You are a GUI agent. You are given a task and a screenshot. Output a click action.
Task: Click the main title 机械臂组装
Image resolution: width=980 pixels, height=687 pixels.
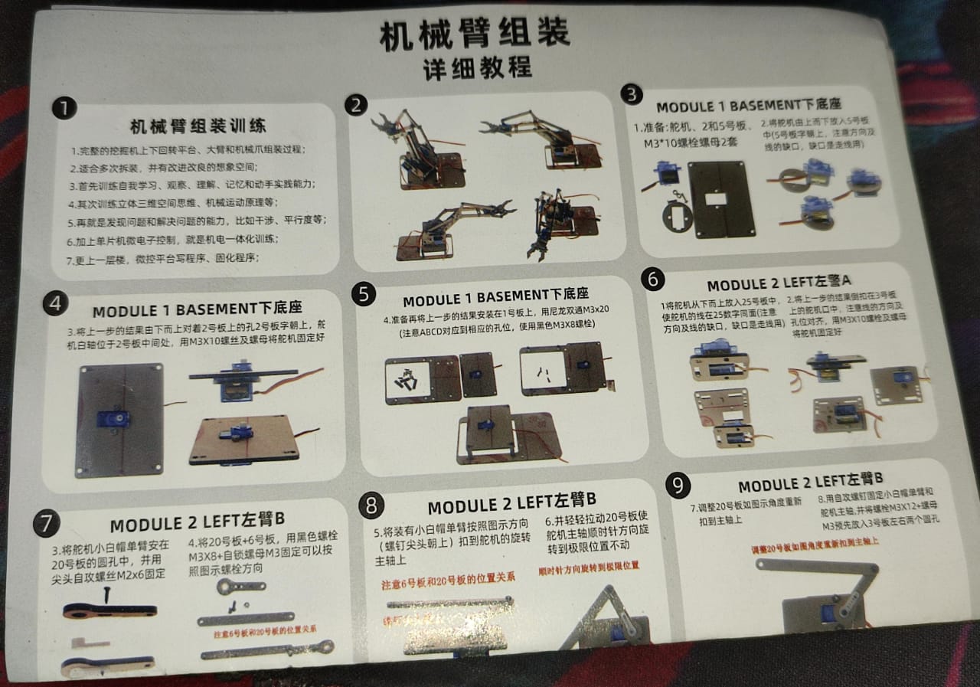coord(475,36)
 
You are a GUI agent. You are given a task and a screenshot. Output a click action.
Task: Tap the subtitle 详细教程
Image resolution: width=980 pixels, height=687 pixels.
coord(478,67)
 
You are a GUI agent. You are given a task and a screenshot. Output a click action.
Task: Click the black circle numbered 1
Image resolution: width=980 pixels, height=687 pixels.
coord(64,109)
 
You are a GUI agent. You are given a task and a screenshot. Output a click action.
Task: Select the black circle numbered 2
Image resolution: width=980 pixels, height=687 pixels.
coord(355,105)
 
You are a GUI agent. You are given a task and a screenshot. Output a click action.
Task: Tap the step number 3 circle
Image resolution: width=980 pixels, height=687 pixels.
coord(631,94)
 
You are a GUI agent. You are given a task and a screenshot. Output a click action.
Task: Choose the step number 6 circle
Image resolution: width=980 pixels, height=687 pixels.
coord(652,280)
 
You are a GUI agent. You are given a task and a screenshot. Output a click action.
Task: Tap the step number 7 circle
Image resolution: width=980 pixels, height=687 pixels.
coord(46,524)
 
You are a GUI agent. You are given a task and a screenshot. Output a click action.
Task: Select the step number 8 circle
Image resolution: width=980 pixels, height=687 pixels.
coord(371,505)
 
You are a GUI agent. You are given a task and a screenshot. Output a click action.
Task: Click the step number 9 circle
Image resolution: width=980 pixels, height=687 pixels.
coord(678,485)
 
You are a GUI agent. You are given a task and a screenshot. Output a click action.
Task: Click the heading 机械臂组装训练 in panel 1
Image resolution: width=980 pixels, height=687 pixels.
coord(198,126)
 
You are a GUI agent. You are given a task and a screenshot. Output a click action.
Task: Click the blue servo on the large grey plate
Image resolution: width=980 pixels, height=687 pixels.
coord(113,419)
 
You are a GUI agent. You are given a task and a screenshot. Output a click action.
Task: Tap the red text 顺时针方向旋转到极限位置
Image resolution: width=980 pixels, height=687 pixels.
coord(589,567)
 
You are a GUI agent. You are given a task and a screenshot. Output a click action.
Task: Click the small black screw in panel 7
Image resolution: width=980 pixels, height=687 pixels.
coord(108,592)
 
